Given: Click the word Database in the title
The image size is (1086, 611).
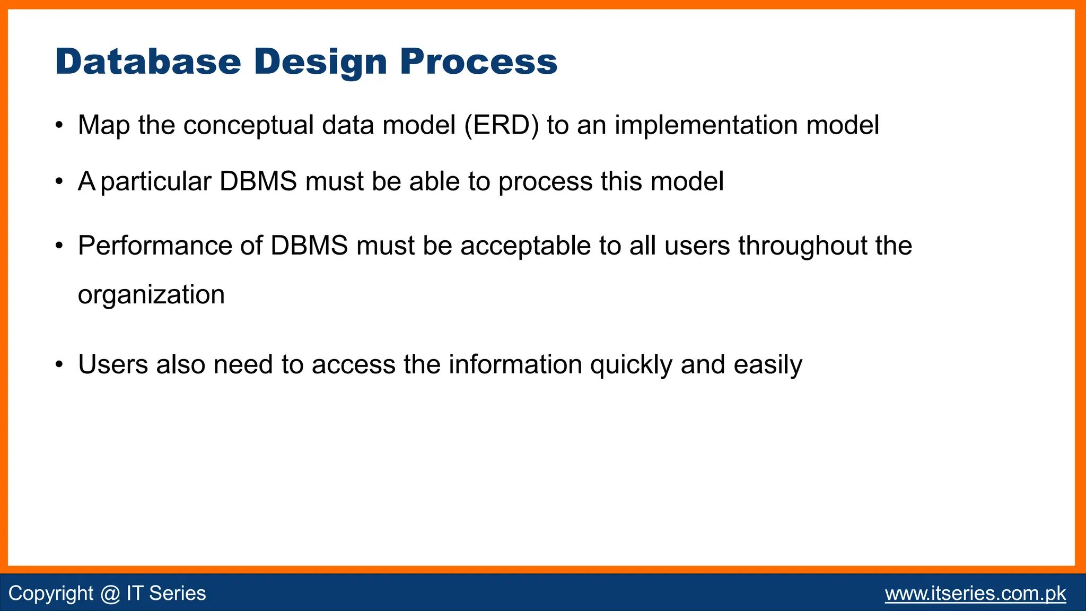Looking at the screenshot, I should click(148, 62).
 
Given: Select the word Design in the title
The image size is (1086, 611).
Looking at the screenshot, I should click(320, 62).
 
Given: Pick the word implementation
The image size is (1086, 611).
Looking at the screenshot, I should click(706, 126).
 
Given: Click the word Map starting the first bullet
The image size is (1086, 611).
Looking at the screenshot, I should click(103, 126).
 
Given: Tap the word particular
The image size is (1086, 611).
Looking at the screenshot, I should click(156, 182).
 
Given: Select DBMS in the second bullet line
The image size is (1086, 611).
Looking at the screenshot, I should click(258, 182).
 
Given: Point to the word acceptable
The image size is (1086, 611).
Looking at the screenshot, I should click(526, 246).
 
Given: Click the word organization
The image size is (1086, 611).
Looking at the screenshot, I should click(151, 295).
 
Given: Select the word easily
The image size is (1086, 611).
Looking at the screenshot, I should click(768, 365).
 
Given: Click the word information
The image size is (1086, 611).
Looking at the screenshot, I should click(515, 365).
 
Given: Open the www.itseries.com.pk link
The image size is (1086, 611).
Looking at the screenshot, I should click(975, 593).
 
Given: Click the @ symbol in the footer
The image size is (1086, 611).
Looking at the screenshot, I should click(110, 593).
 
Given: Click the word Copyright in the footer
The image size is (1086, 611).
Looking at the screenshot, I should click(51, 593).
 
